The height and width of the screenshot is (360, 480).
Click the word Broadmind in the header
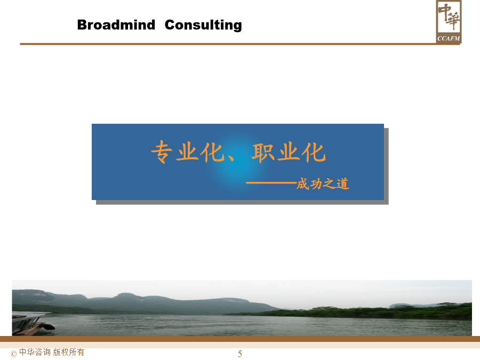pos(116,25)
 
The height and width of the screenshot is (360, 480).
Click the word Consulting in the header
pos(203,25)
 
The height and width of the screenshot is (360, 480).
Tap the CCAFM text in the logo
pos(449,38)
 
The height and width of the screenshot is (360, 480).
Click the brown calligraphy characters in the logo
pos(449,17)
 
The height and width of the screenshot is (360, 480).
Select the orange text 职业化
pos(289,152)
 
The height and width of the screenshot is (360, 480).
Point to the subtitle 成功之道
pos(323,184)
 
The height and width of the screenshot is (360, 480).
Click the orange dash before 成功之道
pos(271,183)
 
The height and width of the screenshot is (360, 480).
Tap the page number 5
pos(239,354)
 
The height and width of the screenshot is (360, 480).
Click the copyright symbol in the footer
pos(14,354)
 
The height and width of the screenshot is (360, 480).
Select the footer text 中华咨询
pos(35,352)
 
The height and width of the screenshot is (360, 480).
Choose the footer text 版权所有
pos(69,352)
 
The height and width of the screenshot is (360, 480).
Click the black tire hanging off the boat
pos(49,326)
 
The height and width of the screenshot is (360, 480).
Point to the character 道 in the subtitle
pos(343,184)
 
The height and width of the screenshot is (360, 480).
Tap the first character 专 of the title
pos(162,151)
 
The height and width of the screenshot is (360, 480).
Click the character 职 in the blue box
pos(262,153)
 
